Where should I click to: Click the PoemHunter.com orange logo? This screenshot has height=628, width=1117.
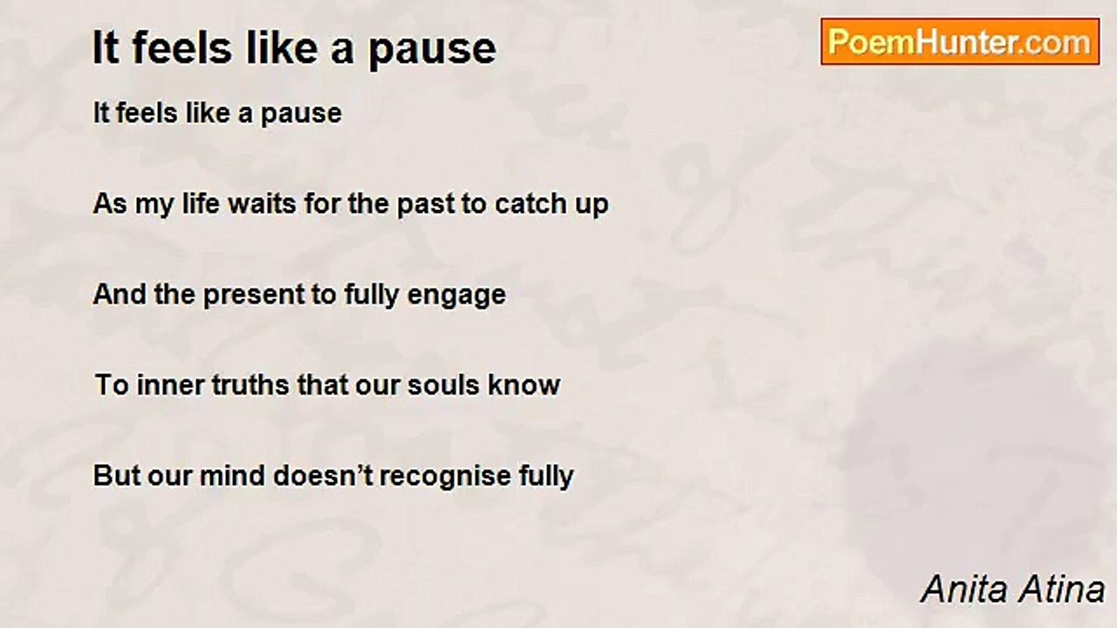click(960, 42)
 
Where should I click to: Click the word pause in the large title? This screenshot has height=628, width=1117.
click(432, 51)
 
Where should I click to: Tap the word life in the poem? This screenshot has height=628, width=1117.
click(201, 203)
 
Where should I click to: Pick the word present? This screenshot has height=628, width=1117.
click(253, 296)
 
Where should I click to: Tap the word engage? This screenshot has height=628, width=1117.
click(456, 296)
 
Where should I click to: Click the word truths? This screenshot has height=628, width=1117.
click(250, 385)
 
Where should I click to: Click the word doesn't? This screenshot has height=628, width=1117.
click(323, 475)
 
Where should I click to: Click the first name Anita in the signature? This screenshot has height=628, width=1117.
click(965, 590)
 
